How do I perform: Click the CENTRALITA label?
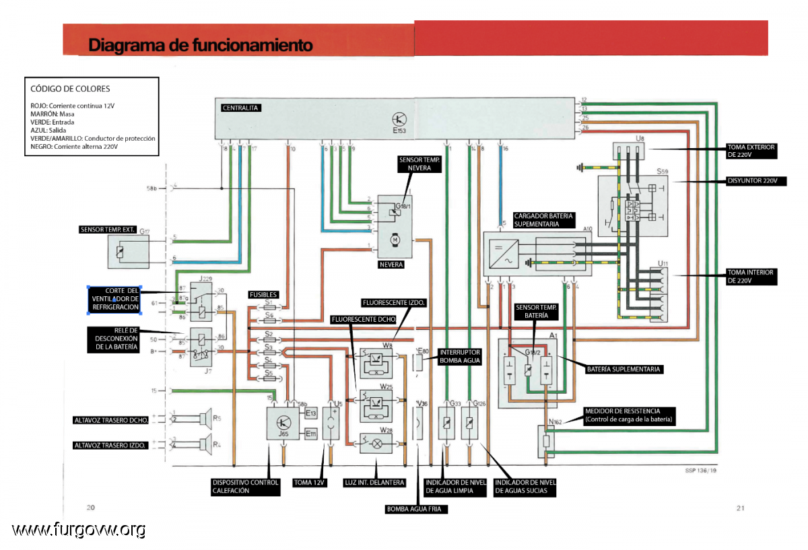(x=240, y=108)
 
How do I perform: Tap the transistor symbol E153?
(x=400, y=118)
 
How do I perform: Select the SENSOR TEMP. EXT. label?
(x=108, y=230)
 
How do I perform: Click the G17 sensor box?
(x=129, y=252)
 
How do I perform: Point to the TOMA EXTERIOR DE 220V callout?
(x=751, y=151)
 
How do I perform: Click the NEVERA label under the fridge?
(x=391, y=265)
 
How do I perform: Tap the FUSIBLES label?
(x=263, y=294)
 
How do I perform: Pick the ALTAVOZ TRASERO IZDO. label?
(x=110, y=445)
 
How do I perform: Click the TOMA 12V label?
(x=310, y=483)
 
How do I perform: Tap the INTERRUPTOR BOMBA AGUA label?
(x=460, y=356)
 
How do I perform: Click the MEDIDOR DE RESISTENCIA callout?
(x=629, y=415)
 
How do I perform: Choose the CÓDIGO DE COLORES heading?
(x=70, y=88)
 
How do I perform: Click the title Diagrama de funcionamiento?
(x=200, y=45)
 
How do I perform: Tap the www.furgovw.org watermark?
(x=79, y=530)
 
